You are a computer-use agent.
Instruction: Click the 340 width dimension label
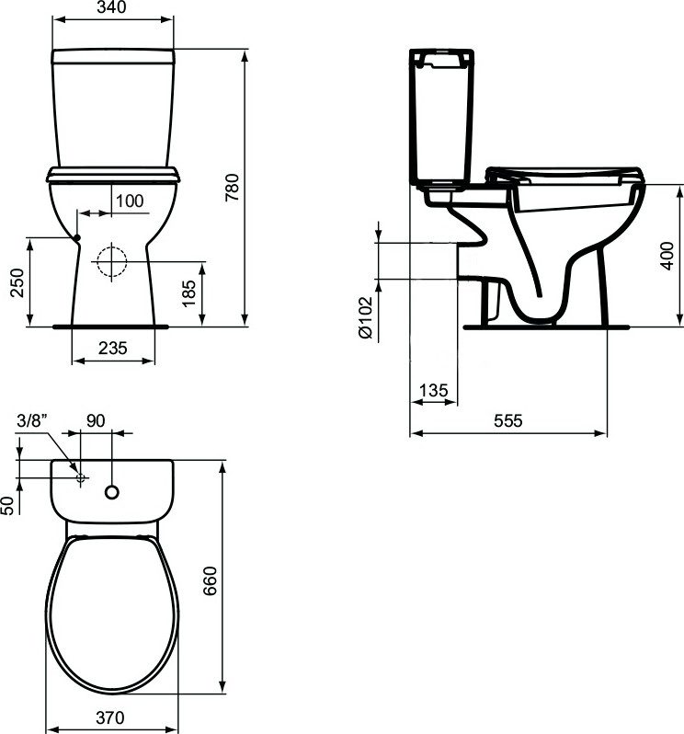coord(113,7)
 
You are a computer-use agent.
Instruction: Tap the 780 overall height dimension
coord(232,188)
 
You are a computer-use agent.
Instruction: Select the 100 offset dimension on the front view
coord(130,201)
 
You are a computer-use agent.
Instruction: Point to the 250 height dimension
coord(17,282)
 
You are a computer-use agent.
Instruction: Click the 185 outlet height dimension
coord(188,293)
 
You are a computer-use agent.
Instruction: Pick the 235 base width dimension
coord(113,348)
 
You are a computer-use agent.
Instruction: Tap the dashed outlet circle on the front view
coord(112,261)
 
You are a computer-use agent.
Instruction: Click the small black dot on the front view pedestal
coord(77,238)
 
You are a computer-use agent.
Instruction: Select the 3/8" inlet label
coord(32,420)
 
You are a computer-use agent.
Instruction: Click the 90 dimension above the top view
coord(96,420)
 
